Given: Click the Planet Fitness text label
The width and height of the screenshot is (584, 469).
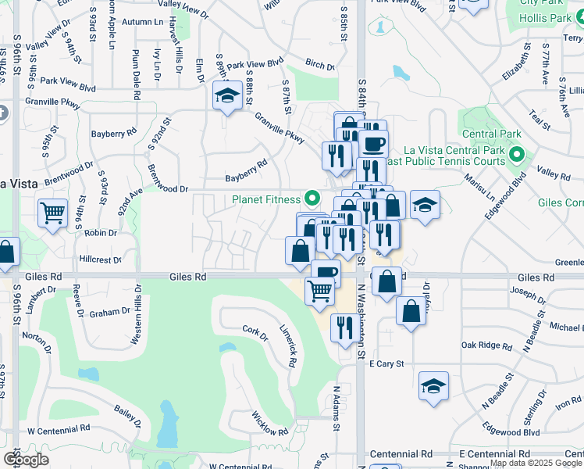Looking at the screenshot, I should tap(266, 199).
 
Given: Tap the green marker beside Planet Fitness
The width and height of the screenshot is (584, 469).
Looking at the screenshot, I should tap(312, 199).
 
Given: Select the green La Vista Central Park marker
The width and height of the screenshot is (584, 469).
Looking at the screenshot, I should tap(515, 153).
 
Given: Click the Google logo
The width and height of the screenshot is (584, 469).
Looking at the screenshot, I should tap(26, 459).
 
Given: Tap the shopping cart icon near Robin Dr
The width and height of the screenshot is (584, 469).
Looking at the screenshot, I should tap(52, 211).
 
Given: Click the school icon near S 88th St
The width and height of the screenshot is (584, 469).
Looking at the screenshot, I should tap(226, 96).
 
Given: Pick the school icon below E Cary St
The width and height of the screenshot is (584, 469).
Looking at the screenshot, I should tap(433, 385).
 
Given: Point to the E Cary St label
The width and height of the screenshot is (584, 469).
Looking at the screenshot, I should tap(386, 364).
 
